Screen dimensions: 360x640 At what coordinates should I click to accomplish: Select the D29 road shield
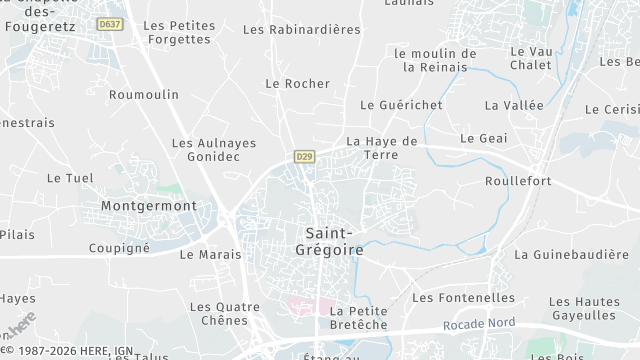pyautogui.click(x=304, y=157)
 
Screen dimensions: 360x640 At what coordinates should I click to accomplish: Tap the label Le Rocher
pyautogui.click(x=297, y=84)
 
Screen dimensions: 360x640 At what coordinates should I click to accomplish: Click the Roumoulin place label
pyautogui.click(x=144, y=95)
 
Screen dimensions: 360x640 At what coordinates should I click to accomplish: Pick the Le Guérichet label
pyautogui.click(x=401, y=105)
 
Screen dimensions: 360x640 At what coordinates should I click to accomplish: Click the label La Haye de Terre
pyautogui.click(x=381, y=148)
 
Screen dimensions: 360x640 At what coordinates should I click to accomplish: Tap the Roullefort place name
pyautogui.click(x=518, y=181)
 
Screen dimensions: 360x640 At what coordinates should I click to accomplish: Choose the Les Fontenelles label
pyautogui.click(x=463, y=298)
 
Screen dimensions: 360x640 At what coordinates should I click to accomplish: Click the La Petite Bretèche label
pyautogui.click(x=357, y=318)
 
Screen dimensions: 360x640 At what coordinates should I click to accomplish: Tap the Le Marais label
pyautogui.click(x=210, y=255)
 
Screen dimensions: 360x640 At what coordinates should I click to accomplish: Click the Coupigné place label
pyautogui.click(x=119, y=248)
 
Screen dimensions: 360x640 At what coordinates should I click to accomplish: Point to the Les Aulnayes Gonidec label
pyautogui.click(x=214, y=151)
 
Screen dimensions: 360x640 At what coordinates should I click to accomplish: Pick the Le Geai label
pyautogui.click(x=479, y=138)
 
